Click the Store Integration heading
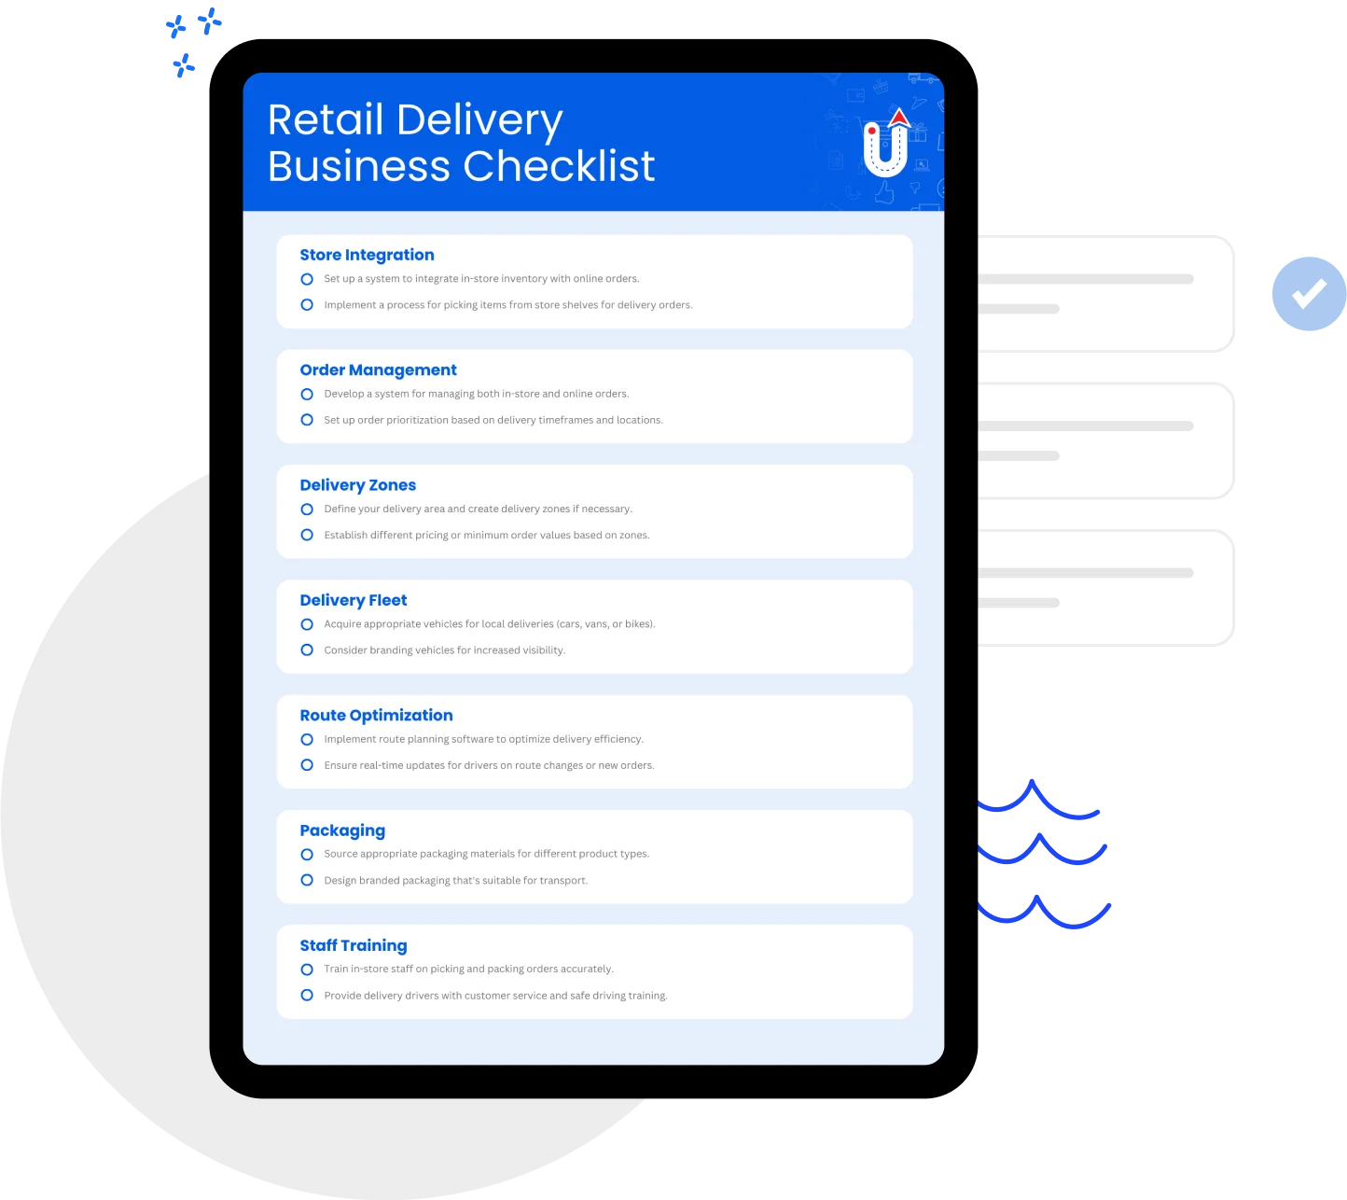(367, 255)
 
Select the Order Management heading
(378, 370)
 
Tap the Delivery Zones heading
(357, 485)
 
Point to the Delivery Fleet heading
(353, 600)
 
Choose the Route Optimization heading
(376, 715)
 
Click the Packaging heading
(342, 830)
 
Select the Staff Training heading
(353, 945)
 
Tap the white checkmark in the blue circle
(1309, 293)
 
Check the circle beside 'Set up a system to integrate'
(307, 279)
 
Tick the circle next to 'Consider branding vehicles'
(307, 649)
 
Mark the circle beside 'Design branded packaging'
(307, 880)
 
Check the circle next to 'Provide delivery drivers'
(307, 995)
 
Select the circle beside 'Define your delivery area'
(307, 509)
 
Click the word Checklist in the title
(559, 165)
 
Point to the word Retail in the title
(326, 119)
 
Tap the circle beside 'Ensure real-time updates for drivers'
(307, 765)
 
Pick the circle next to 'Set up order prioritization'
(307, 420)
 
